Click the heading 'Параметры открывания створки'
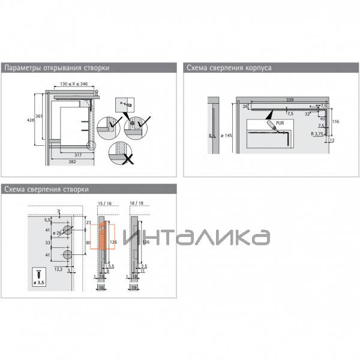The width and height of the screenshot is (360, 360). (57, 68)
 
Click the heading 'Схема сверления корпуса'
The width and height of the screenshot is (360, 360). (229, 68)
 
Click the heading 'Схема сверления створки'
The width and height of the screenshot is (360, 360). (47, 189)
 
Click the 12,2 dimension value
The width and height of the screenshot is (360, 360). (58, 269)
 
